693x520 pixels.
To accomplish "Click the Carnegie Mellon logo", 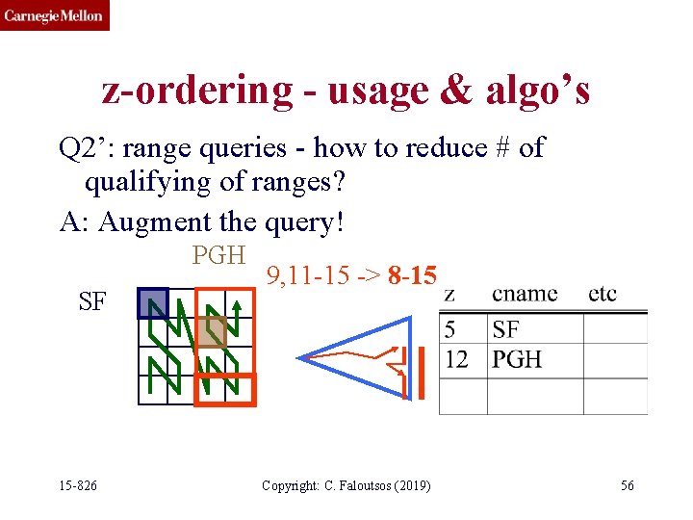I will [54, 15].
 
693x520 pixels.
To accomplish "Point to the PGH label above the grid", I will [219, 256].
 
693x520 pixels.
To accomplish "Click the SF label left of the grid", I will [92, 302].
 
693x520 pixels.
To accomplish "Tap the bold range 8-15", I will [413, 278].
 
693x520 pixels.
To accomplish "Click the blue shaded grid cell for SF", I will [152, 303].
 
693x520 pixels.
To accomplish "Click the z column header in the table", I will [449, 294].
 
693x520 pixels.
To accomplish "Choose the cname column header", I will [525, 294].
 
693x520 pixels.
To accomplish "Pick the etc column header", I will [602, 294].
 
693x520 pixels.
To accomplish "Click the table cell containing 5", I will [450, 330].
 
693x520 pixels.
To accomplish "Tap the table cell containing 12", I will [456, 359].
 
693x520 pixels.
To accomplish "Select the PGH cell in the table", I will [517, 359].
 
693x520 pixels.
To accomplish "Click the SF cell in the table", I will [505, 330].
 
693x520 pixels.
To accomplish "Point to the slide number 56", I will [627, 485].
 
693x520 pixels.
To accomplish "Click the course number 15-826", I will [77, 485].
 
